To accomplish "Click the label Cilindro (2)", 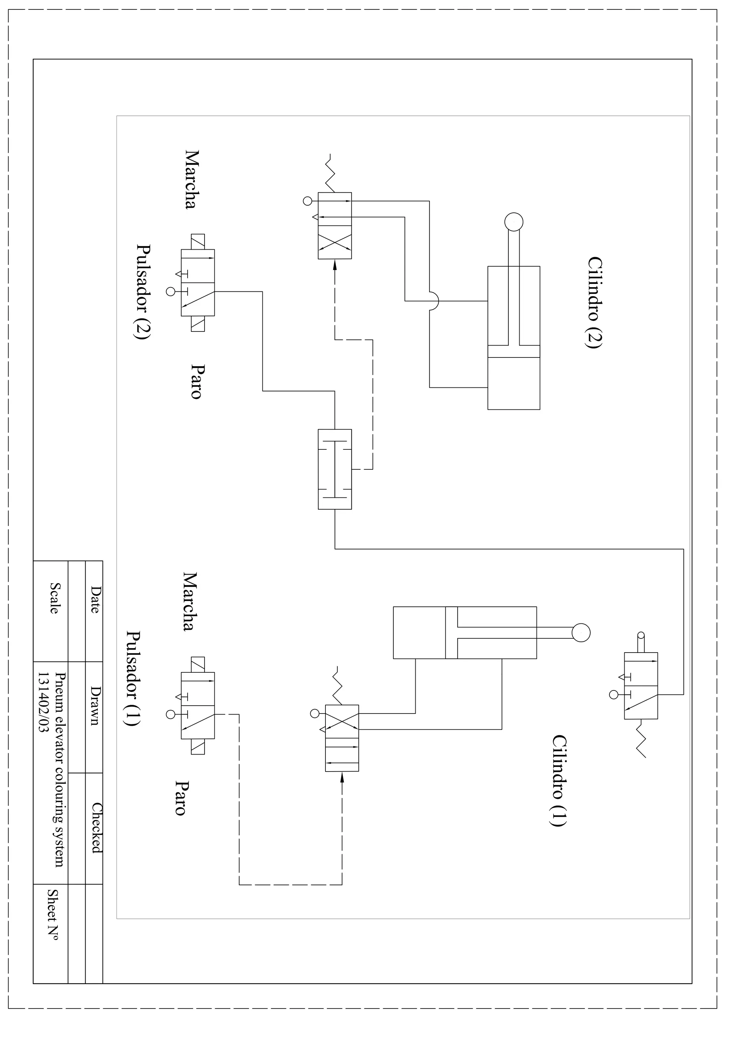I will point(595,303).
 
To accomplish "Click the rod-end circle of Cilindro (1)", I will point(581,633).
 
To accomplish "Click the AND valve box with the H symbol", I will point(334,469).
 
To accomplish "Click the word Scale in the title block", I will point(54,598).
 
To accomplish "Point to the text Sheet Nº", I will point(53,915).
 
